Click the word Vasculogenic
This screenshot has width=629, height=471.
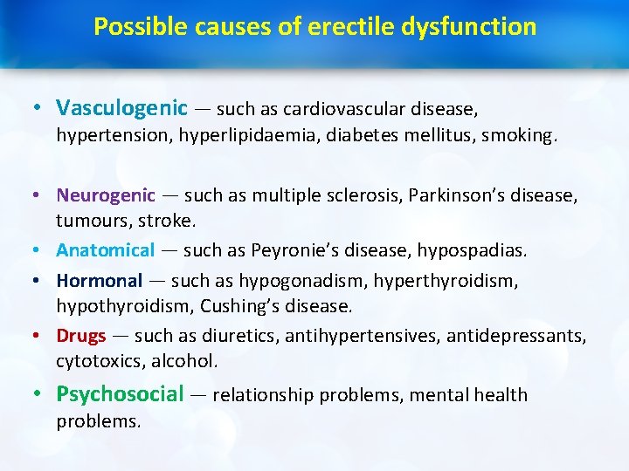pos(121,108)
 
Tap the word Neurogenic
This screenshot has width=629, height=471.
pos(106,195)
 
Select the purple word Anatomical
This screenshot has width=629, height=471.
pos(105,250)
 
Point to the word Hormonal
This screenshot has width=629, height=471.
pos(99,281)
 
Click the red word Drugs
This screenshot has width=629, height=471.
pos(81,336)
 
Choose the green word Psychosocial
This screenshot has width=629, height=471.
pos(120,394)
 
